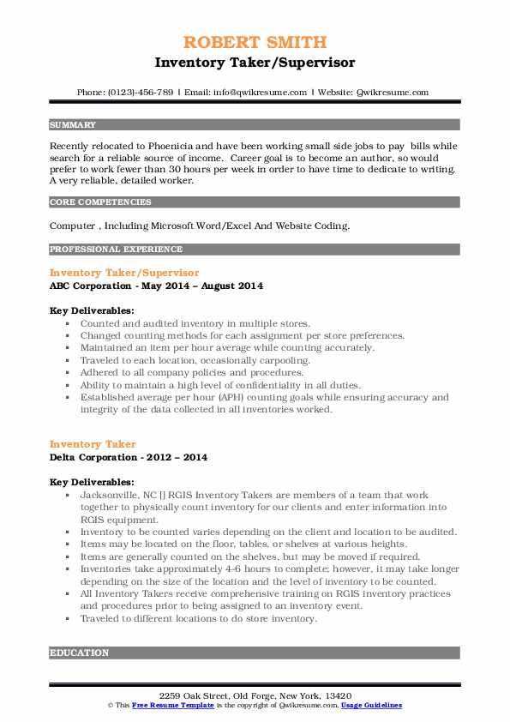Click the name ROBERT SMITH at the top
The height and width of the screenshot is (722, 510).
[255, 43]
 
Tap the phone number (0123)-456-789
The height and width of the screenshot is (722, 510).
[137, 93]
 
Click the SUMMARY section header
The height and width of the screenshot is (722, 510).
[73, 124]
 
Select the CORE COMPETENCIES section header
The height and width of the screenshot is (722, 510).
[100, 202]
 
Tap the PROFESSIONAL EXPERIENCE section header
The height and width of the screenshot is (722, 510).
[116, 250]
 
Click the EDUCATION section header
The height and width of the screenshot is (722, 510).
[80, 653]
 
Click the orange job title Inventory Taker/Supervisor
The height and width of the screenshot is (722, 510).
[124, 273]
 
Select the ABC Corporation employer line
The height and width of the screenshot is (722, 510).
[156, 286]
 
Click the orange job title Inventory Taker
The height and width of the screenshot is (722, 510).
[93, 444]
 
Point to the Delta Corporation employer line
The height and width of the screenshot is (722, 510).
[128, 457]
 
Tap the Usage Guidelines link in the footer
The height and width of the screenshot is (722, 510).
[370, 705]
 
